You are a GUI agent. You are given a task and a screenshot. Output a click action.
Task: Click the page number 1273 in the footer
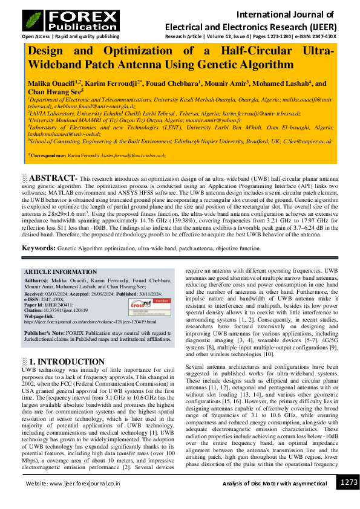point(349,482)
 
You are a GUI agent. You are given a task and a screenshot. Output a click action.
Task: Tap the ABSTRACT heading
point(53,178)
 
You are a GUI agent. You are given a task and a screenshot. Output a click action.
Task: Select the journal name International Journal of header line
point(285,14)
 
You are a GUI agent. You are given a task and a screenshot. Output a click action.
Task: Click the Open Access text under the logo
point(36,36)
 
